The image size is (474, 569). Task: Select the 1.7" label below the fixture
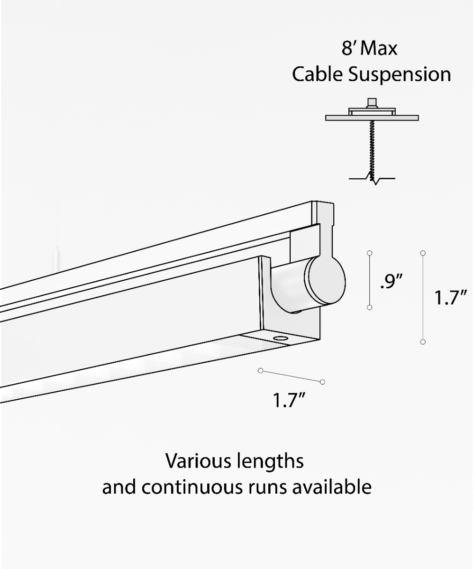tap(288, 400)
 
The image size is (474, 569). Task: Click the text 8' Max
tap(369, 48)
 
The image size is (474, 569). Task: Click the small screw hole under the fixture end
tap(280, 339)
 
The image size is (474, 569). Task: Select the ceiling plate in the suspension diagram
tap(372, 118)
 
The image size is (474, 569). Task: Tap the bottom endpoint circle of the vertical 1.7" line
tap(423, 341)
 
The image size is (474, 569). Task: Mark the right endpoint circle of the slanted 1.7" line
tap(322, 382)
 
